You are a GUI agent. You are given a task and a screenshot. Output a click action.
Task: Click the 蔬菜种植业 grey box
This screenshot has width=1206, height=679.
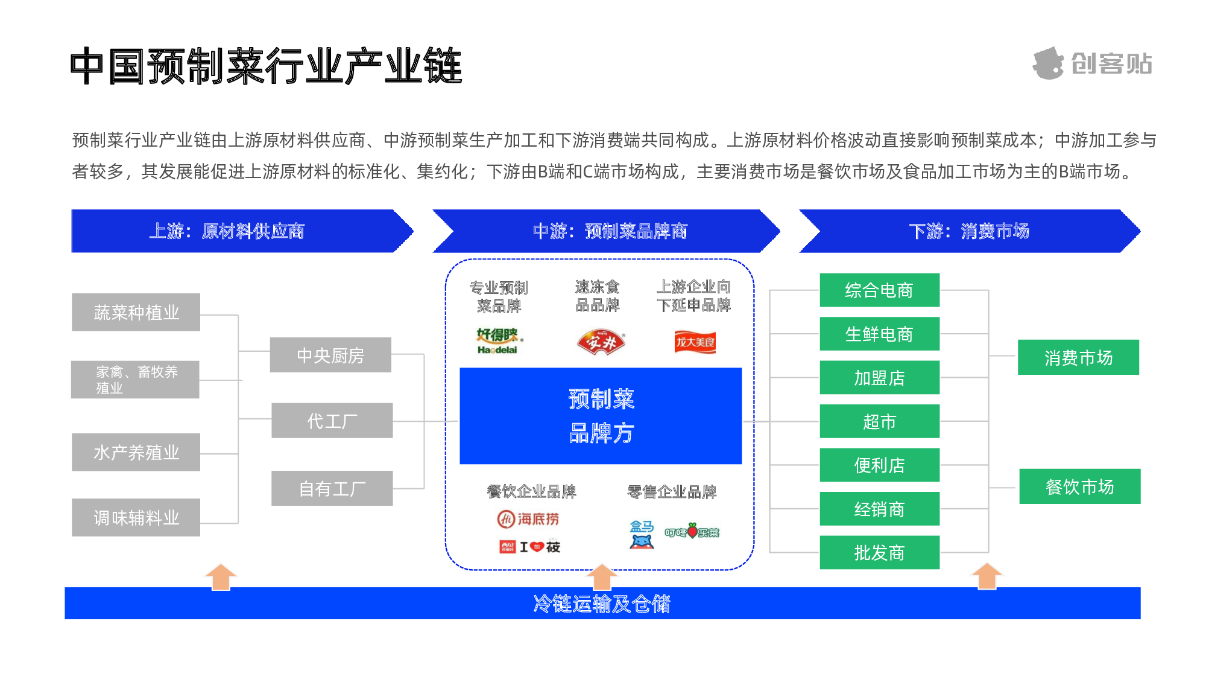coord(136,312)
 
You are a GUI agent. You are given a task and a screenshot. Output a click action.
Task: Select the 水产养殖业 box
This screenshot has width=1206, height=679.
coord(136,452)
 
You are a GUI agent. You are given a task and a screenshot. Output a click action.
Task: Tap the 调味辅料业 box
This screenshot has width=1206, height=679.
coord(136,517)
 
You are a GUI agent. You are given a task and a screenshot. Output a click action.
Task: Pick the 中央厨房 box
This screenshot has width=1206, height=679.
coord(330,355)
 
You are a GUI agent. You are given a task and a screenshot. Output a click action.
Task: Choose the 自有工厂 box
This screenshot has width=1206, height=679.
coord(332,488)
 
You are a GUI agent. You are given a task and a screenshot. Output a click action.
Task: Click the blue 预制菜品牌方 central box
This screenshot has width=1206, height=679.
coord(601,416)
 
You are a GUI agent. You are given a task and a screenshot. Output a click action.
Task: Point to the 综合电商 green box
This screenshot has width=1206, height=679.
coord(879,290)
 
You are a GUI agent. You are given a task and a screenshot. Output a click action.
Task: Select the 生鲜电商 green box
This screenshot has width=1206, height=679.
coord(879,334)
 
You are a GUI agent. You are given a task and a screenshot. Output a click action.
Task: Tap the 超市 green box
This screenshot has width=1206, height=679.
coord(879,421)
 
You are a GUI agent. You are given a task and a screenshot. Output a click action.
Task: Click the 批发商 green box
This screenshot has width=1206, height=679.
coord(879,552)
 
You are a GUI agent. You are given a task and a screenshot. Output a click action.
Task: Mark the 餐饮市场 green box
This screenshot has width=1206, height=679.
coord(1079,486)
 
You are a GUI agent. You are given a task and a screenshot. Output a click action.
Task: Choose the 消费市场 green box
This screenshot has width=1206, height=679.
coord(1078,357)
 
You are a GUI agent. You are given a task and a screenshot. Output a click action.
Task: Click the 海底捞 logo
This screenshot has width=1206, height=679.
coord(528,519)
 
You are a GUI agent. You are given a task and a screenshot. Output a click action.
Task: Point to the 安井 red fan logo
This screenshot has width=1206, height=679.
coord(601,342)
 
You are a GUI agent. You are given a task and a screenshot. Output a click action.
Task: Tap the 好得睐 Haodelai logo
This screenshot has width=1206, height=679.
coord(499,341)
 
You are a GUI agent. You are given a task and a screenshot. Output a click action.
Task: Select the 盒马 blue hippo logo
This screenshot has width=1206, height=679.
coord(642,534)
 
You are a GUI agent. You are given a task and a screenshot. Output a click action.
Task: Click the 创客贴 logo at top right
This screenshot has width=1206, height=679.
coord(1093,63)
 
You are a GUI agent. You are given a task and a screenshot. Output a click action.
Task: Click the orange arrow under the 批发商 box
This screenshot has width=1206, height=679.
coord(987,576)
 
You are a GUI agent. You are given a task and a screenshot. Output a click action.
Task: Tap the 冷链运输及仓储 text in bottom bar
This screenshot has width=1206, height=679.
coord(602,604)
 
